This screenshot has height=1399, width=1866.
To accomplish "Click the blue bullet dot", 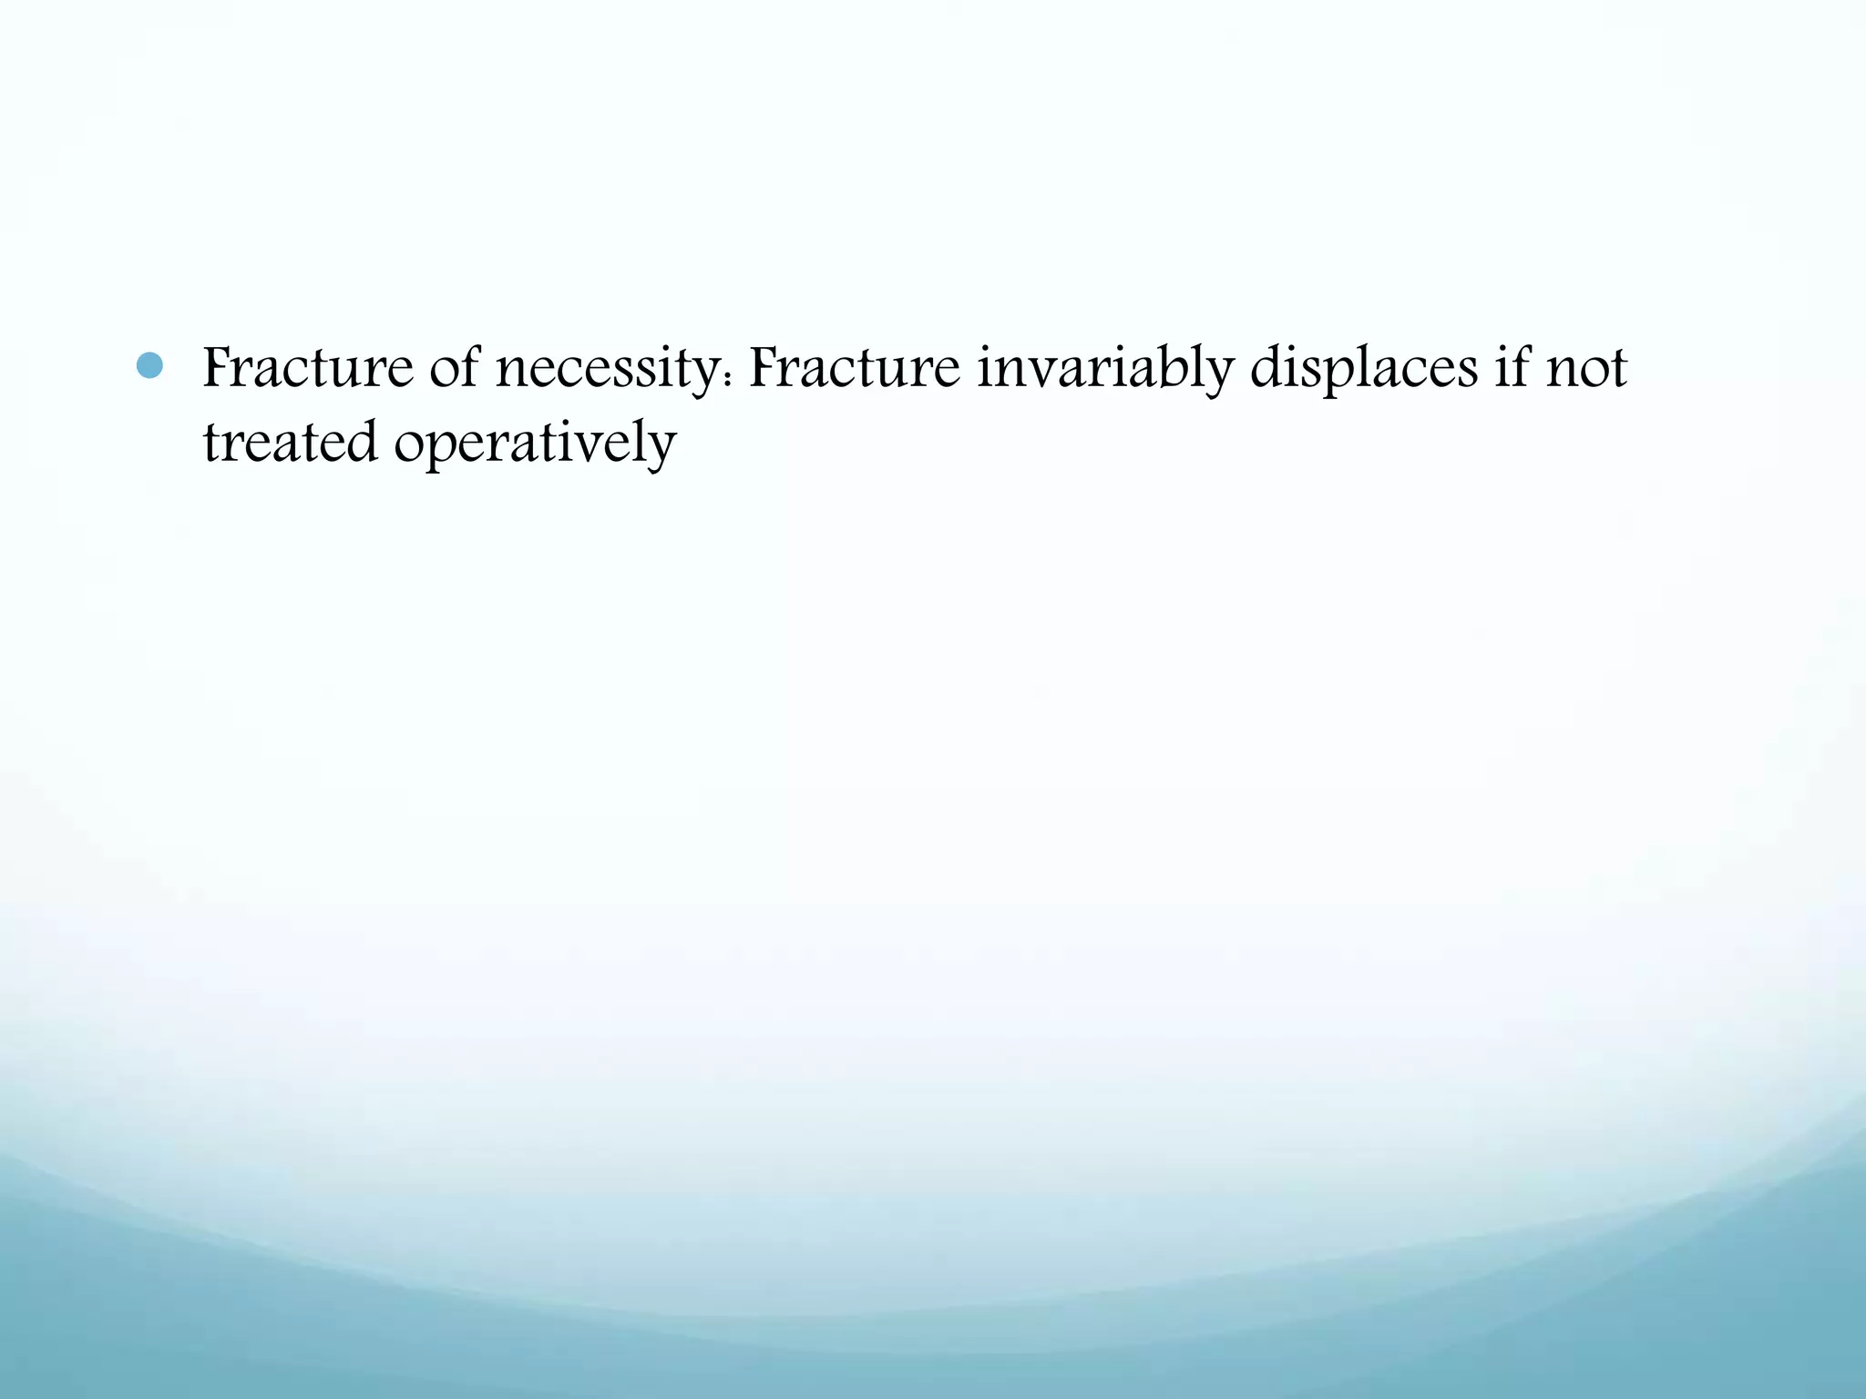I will click(149, 366).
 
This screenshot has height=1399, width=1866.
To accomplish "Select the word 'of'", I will click(454, 368).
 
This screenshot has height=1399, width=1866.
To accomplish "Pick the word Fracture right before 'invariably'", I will click(854, 368).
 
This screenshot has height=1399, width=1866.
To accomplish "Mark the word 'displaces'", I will click(1363, 370).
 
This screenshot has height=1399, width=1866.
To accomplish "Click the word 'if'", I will click(1512, 368).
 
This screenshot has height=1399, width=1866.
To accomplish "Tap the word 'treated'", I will click(290, 443).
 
